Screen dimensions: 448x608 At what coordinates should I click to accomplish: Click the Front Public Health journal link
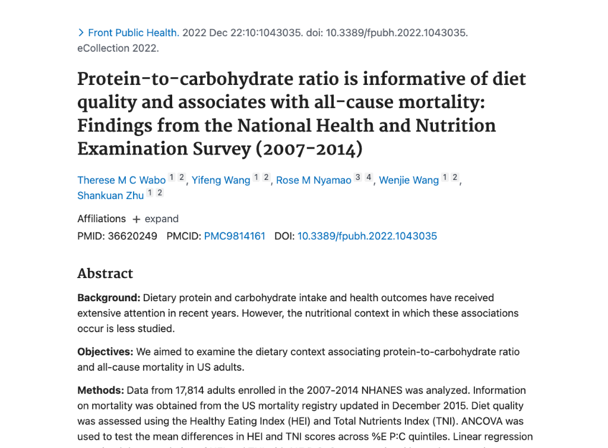(x=133, y=33)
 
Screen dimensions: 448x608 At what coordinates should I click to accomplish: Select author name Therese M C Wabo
(x=121, y=180)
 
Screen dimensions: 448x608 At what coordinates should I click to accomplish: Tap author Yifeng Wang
(x=221, y=180)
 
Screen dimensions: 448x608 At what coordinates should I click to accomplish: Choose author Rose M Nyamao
(x=313, y=180)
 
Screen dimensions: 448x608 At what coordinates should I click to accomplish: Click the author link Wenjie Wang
(x=408, y=180)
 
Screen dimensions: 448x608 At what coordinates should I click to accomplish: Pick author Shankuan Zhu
(x=110, y=195)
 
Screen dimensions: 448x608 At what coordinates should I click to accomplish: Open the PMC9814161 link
(x=235, y=236)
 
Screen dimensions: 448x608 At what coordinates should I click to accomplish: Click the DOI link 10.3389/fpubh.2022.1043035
(x=367, y=236)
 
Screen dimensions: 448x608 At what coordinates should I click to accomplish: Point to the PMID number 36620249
(x=132, y=236)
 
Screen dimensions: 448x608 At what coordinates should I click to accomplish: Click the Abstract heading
(x=105, y=273)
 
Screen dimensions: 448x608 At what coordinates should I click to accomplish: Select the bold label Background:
(x=109, y=298)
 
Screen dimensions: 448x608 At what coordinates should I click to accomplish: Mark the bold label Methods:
(x=100, y=390)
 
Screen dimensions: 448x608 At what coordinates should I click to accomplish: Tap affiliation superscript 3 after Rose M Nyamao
(x=357, y=177)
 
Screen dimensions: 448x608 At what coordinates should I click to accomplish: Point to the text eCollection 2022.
(x=118, y=48)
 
